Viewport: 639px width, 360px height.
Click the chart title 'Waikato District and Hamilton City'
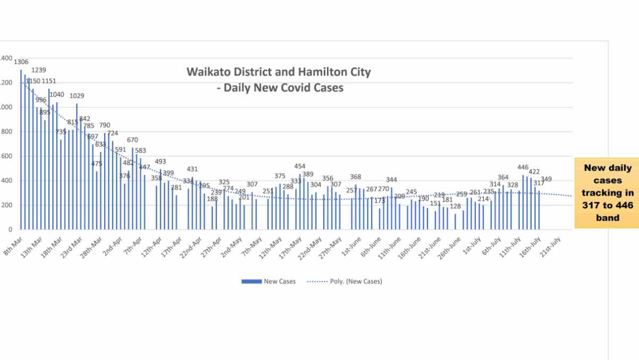coord(279,72)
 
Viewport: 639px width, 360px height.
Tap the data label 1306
coord(21,62)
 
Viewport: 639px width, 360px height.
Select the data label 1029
coord(77,96)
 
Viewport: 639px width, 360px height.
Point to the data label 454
coord(300,166)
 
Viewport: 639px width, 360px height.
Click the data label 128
coord(455,206)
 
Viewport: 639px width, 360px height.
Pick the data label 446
coord(523,167)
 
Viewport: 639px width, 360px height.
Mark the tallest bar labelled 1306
coord(21,149)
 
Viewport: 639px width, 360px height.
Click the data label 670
coord(132,140)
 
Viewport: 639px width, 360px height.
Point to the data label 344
coord(391,180)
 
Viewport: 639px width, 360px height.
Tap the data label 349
coord(546,179)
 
